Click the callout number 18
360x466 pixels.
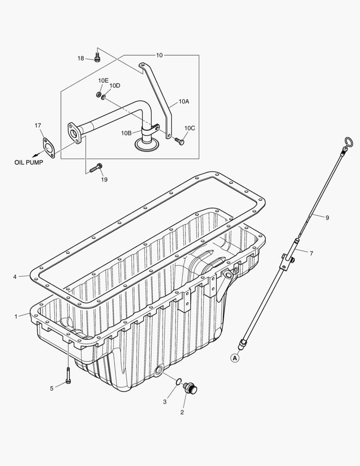click(x=81, y=58)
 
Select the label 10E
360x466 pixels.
click(x=103, y=81)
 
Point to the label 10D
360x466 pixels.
click(x=115, y=85)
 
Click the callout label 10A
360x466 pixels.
click(x=184, y=101)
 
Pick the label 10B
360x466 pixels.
click(x=126, y=133)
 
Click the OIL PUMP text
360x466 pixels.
click(x=29, y=163)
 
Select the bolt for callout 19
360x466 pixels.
click(x=96, y=168)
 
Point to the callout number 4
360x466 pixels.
click(x=15, y=277)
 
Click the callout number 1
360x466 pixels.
click(x=16, y=316)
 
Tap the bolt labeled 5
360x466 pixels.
click(x=69, y=375)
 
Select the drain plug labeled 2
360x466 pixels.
click(x=190, y=388)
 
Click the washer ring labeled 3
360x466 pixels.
click(x=178, y=381)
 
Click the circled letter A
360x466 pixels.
click(x=235, y=358)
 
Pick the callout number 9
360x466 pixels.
click(x=327, y=218)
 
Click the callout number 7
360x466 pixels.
click(x=311, y=253)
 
